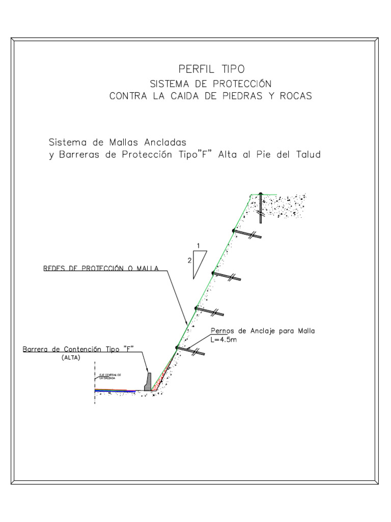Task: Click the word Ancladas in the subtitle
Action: (163, 141)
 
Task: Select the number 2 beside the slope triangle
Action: (189, 260)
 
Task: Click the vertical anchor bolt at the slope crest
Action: (261, 208)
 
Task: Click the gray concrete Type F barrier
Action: (148, 382)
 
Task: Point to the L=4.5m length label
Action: (224, 340)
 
